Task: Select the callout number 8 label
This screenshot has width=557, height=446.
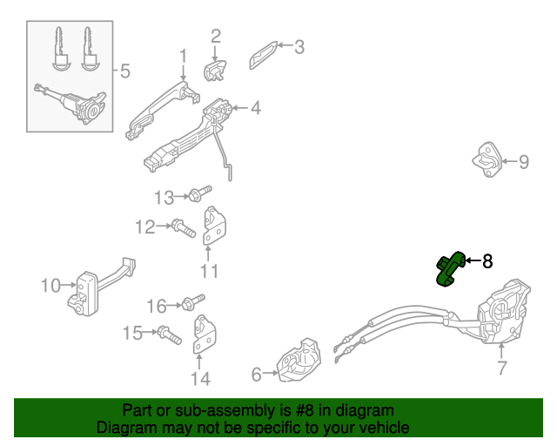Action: (x=487, y=260)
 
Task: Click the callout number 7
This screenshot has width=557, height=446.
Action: (x=502, y=368)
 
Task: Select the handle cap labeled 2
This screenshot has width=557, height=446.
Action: (x=214, y=68)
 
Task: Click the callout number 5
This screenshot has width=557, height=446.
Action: (x=124, y=71)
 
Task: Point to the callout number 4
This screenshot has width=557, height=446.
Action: (x=255, y=109)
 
